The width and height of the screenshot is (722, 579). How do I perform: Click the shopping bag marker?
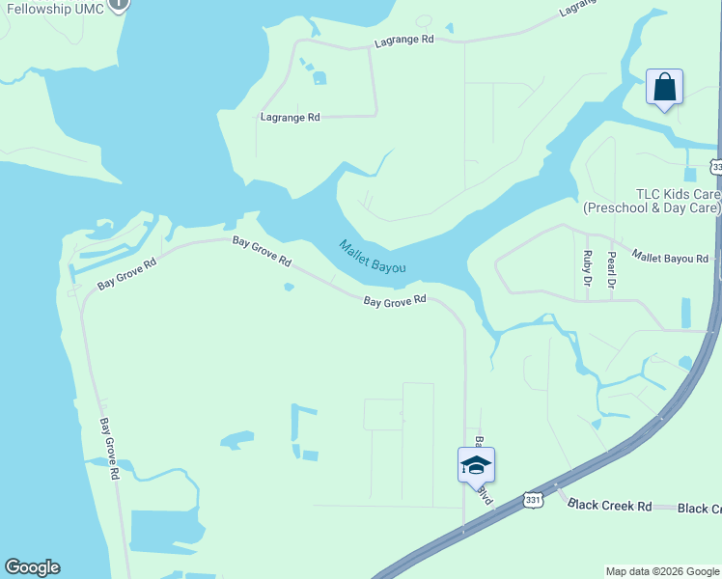(x=664, y=87)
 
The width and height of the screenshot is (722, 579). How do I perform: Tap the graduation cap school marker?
(x=476, y=465)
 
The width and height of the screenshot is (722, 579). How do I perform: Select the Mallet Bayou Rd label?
(x=670, y=258)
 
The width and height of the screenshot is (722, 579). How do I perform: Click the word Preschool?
(x=620, y=207)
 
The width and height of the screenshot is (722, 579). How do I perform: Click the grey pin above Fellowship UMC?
(x=118, y=3)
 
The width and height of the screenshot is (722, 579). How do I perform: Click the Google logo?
(x=32, y=567)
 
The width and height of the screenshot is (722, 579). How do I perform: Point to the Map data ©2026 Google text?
(x=662, y=571)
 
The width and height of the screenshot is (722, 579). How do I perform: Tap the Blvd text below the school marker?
(x=486, y=496)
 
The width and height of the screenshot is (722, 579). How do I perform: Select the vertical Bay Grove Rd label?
(x=108, y=449)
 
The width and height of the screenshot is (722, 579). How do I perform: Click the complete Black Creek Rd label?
(x=610, y=505)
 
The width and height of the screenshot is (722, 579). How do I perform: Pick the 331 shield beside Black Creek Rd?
(x=532, y=499)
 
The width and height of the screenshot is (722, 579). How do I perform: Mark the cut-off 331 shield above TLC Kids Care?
(x=716, y=167)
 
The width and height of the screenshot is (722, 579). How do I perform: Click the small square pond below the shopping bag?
(x=689, y=175)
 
